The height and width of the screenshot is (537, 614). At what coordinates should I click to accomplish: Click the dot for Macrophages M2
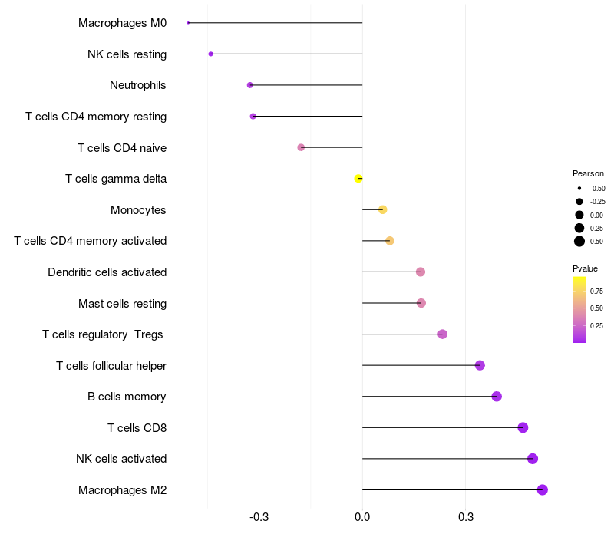tap(542, 489)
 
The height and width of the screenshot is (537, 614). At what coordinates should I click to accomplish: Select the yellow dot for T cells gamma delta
tap(358, 179)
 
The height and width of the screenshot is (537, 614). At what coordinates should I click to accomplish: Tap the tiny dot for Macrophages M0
tap(188, 23)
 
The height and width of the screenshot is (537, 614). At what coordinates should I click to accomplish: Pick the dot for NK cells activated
tap(533, 459)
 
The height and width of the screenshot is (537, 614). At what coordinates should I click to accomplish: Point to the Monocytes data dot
tap(382, 209)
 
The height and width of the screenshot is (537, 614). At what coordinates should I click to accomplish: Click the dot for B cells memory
tap(497, 397)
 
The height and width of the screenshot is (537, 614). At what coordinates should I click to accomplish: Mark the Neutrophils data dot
tap(250, 85)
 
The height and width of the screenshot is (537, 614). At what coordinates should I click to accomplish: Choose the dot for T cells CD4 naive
tap(301, 147)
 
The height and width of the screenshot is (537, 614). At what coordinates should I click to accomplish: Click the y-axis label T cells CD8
tap(137, 427)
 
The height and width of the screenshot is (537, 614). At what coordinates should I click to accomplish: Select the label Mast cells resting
tap(122, 303)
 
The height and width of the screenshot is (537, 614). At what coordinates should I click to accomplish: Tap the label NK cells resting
tap(127, 54)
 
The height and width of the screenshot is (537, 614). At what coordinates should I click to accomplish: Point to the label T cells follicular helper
tap(111, 365)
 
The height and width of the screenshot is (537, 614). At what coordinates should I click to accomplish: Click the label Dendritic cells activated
tap(107, 272)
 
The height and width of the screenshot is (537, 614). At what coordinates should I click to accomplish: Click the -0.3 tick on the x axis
tap(259, 517)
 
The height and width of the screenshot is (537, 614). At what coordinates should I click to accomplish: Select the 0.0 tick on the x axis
tap(362, 517)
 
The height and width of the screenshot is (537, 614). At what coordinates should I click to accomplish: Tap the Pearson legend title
tap(588, 173)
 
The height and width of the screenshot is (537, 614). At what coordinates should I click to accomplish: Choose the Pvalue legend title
tap(585, 268)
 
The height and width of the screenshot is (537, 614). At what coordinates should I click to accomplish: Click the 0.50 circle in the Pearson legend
tap(579, 241)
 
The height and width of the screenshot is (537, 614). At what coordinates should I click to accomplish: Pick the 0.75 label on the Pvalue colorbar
tap(596, 291)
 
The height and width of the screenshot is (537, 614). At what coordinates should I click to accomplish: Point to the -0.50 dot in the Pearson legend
tap(579, 188)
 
